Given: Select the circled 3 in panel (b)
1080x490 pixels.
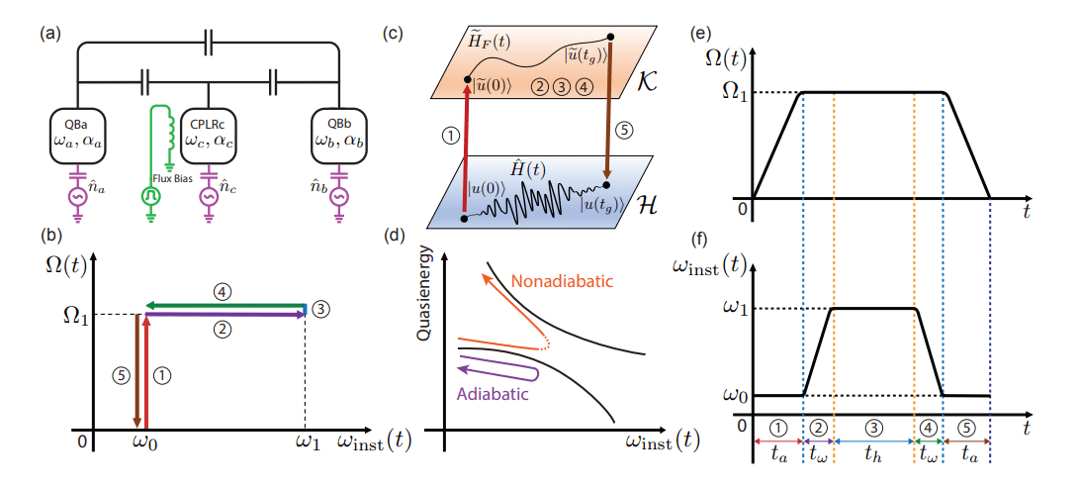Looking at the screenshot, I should pyautogui.click(x=321, y=308).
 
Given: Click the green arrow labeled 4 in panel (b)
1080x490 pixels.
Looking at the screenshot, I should pyautogui.click(x=225, y=306).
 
